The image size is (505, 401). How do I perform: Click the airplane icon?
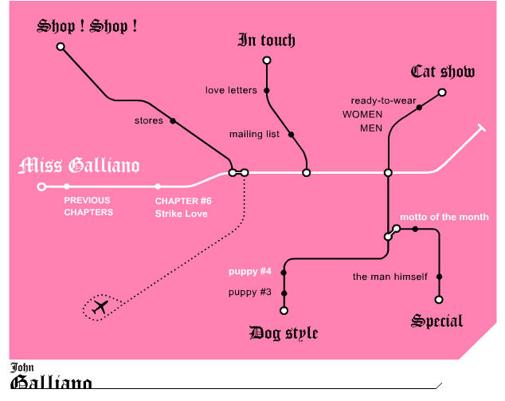click(100, 307)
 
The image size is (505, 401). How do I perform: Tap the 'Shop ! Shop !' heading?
click(87, 26)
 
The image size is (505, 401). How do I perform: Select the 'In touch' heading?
click(266, 41)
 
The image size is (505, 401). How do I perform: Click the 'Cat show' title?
click(443, 72)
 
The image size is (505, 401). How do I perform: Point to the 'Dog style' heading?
click(284, 333)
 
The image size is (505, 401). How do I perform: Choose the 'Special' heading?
click(437, 321)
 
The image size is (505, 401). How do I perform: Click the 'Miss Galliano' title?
click(79, 165)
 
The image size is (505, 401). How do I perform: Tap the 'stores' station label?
click(149, 120)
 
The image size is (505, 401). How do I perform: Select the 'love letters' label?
click(231, 90)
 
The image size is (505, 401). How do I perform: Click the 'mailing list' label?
click(254, 134)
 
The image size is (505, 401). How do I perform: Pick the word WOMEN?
click(362, 115)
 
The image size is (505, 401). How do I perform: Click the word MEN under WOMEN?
click(371, 128)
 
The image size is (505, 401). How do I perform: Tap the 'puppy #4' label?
click(250, 271)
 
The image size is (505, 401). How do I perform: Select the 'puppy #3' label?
click(250, 293)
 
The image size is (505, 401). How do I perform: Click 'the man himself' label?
click(390, 277)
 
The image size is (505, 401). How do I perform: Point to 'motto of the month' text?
click(444, 217)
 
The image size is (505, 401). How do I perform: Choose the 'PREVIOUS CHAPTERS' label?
click(88, 206)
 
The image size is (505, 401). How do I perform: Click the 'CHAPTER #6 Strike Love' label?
click(183, 207)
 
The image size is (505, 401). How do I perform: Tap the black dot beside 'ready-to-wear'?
click(419, 108)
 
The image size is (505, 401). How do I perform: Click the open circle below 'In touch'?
click(267, 61)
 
